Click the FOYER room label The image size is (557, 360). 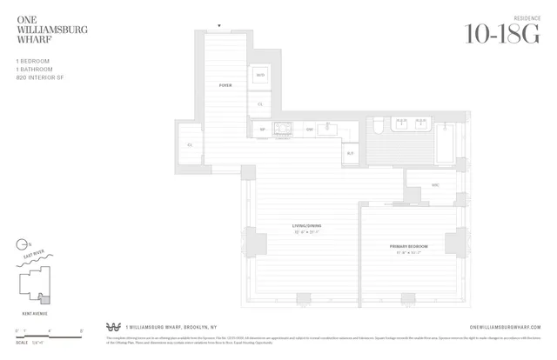pyautogui.click(x=225, y=85)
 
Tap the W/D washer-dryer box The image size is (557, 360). pyautogui.click(x=260, y=76)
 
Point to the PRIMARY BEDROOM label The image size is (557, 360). pyautogui.click(x=406, y=247)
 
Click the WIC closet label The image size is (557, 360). pyautogui.click(x=436, y=184)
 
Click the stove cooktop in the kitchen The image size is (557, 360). pyautogui.click(x=283, y=130)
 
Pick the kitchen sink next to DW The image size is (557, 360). pyautogui.click(x=330, y=130)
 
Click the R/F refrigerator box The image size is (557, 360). pyautogui.click(x=350, y=153)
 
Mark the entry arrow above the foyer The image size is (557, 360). pyautogui.click(x=219, y=26)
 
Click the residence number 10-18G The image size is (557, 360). pyautogui.click(x=503, y=34)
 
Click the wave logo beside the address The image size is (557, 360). pyautogui.click(x=112, y=328)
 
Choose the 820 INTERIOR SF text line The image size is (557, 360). pyautogui.click(x=39, y=77)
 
